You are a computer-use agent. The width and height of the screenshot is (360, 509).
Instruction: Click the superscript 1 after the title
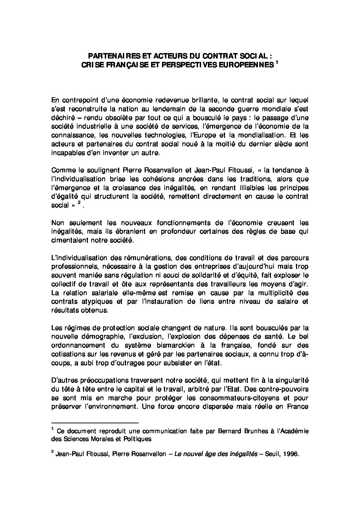277,63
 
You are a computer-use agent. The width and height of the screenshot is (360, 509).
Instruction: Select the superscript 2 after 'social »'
79,203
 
